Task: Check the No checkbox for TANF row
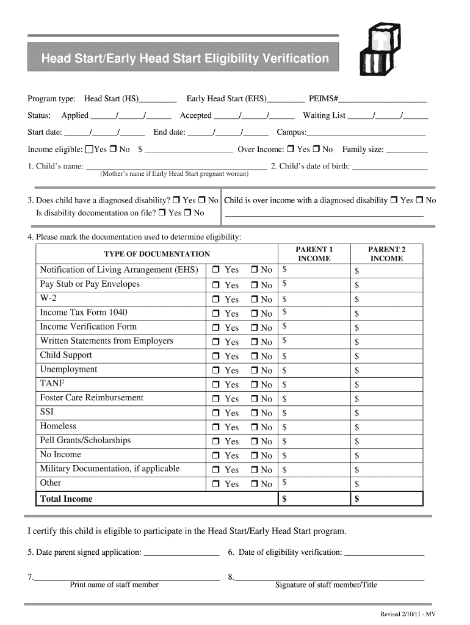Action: click(x=254, y=385)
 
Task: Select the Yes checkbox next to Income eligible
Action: click(x=90, y=150)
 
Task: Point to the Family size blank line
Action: click(x=408, y=150)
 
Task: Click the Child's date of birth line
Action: click(x=390, y=167)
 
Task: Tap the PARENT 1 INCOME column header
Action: click(x=314, y=254)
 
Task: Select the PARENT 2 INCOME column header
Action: click(x=386, y=254)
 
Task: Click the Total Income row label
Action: click(x=66, y=499)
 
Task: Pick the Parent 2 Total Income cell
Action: click(x=387, y=499)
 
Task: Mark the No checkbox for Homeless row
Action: click(x=254, y=427)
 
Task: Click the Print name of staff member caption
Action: click(x=114, y=585)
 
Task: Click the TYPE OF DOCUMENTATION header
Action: click(x=157, y=254)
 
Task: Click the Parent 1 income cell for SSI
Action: click(x=314, y=413)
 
